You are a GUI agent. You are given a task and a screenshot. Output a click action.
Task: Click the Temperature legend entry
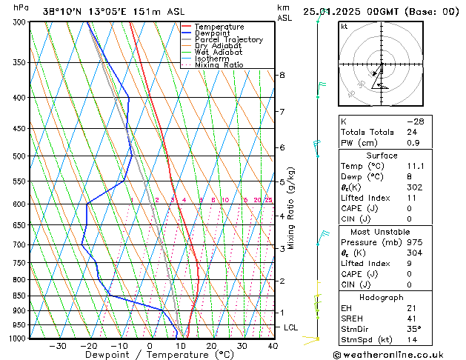pos(219,27)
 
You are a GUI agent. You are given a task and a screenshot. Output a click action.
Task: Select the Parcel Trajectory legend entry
pos(228,39)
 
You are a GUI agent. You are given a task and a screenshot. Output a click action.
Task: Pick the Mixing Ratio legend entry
pos(219,65)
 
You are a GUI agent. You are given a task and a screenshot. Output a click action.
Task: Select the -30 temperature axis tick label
pos(57,346)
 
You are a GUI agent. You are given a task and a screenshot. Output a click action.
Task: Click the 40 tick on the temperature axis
pos(273,346)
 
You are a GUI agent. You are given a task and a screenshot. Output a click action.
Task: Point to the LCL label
pos(292,327)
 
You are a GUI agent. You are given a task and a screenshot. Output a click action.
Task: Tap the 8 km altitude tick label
pos(282,76)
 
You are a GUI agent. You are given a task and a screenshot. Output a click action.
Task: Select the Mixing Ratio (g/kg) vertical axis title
pos(291,208)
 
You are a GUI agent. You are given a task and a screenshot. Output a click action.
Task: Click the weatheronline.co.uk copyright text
pos(398,354)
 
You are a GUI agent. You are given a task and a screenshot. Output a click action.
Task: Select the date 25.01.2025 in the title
pos(339,10)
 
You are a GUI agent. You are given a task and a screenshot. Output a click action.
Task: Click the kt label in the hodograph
pos(344,26)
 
